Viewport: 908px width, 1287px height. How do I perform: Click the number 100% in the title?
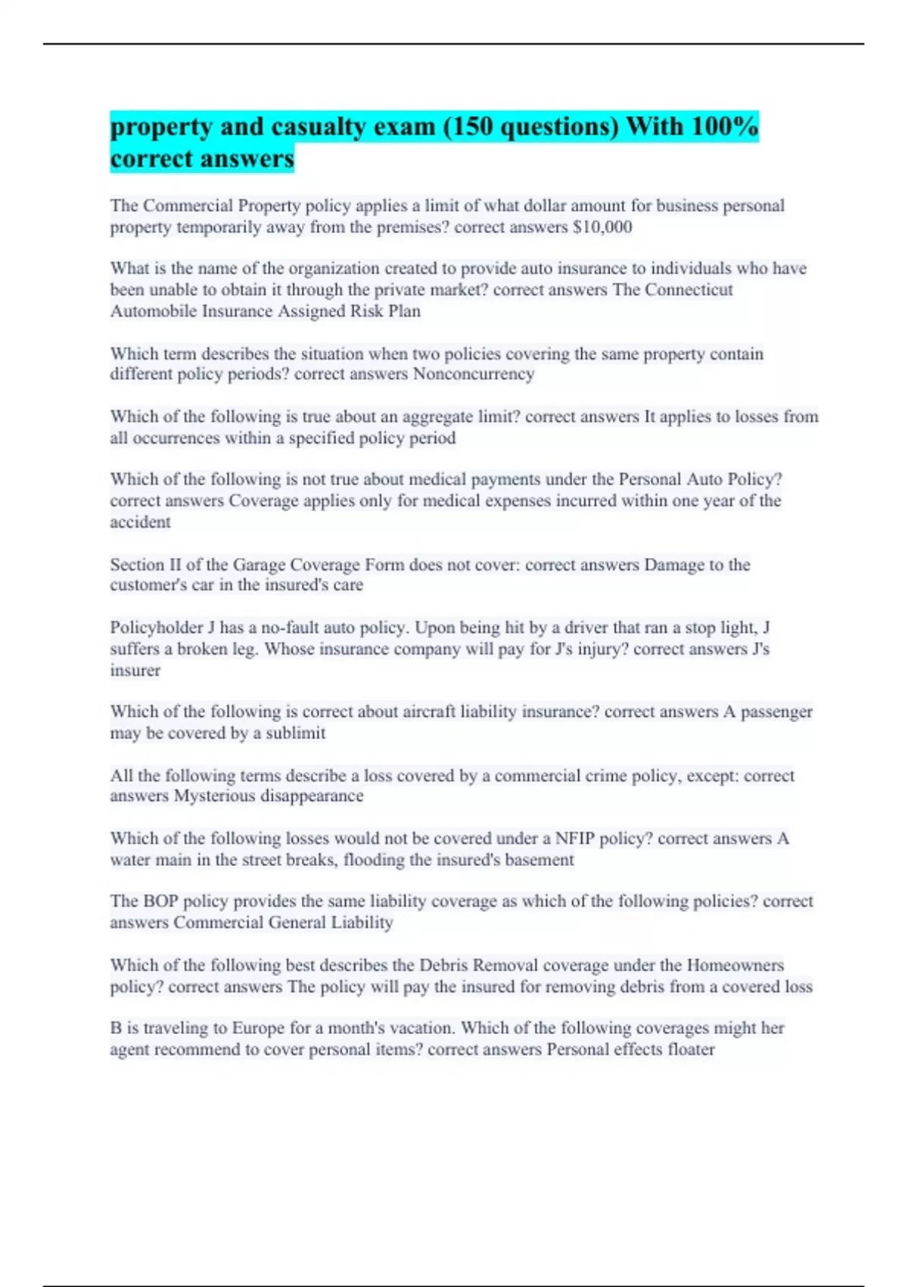click(x=723, y=126)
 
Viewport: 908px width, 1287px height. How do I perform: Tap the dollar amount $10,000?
click(x=602, y=227)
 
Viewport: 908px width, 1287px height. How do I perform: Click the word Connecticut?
click(x=672, y=290)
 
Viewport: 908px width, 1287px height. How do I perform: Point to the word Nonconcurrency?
click(x=474, y=374)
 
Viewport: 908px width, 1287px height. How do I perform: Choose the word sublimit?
click(x=295, y=733)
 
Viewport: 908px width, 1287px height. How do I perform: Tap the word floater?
click(x=691, y=1049)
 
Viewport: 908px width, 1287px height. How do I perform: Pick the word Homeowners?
click(x=735, y=965)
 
